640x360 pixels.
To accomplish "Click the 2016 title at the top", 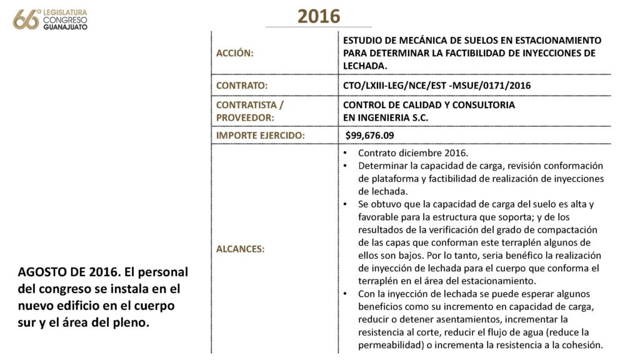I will [319, 16].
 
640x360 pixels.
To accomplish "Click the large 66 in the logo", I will [26, 19].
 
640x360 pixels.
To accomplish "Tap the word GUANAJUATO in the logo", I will [65, 27].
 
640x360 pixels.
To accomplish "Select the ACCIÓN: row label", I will [234, 54].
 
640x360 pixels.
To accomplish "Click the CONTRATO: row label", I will [242, 85].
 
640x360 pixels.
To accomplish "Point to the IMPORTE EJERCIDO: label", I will [260, 135].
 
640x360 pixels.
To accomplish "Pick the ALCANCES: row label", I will [240, 249].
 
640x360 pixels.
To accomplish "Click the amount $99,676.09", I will [370, 135].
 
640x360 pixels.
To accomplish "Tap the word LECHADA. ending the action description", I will [366, 65].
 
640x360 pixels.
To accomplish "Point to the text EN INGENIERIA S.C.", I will [386, 117].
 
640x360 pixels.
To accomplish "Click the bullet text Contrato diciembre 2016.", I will [412, 153].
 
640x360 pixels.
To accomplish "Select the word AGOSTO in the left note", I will [41, 273].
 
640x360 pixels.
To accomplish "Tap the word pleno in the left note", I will [133, 324].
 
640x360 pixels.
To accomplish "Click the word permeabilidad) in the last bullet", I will [388, 344].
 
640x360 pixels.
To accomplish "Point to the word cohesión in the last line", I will [581, 344].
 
